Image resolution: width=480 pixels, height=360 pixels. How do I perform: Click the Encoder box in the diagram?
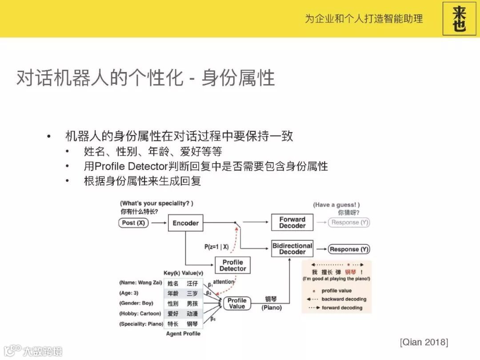click(x=185, y=223)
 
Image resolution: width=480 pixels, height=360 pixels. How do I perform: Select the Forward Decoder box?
click(x=292, y=222)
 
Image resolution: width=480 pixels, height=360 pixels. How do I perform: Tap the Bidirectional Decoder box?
click(x=292, y=249)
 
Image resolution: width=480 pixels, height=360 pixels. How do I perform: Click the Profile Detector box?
click(x=232, y=265)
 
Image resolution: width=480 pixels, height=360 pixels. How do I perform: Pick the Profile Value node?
click(x=236, y=303)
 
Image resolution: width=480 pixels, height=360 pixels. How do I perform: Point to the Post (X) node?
click(x=133, y=223)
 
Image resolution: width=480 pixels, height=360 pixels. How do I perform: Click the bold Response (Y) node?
click(x=349, y=249)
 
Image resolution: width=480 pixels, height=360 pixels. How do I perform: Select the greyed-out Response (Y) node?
click(x=349, y=222)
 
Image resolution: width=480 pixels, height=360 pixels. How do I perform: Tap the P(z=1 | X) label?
click(x=216, y=247)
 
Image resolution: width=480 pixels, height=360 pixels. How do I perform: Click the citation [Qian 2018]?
click(x=424, y=342)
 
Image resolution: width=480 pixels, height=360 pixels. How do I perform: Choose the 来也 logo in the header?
click(x=459, y=18)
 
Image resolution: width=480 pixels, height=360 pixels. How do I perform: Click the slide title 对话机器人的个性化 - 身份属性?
click(x=145, y=78)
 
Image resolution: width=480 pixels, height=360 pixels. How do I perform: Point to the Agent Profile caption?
click(x=183, y=333)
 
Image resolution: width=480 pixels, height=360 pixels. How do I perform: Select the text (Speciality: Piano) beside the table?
click(x=141, y=324)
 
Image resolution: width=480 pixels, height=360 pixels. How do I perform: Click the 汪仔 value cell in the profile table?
click(x=192, y=283)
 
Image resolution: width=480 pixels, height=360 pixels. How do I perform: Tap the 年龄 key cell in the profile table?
click(x=173, y=293)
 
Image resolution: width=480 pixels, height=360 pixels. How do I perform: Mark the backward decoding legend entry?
click(x=344, y=299)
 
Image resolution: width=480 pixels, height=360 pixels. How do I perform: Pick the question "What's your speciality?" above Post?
click(x=157, y=204)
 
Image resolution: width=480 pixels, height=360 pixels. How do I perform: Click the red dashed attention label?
click(x=223, y=282)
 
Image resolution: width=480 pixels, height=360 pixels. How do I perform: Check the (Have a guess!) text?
click(x=336, y=205)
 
